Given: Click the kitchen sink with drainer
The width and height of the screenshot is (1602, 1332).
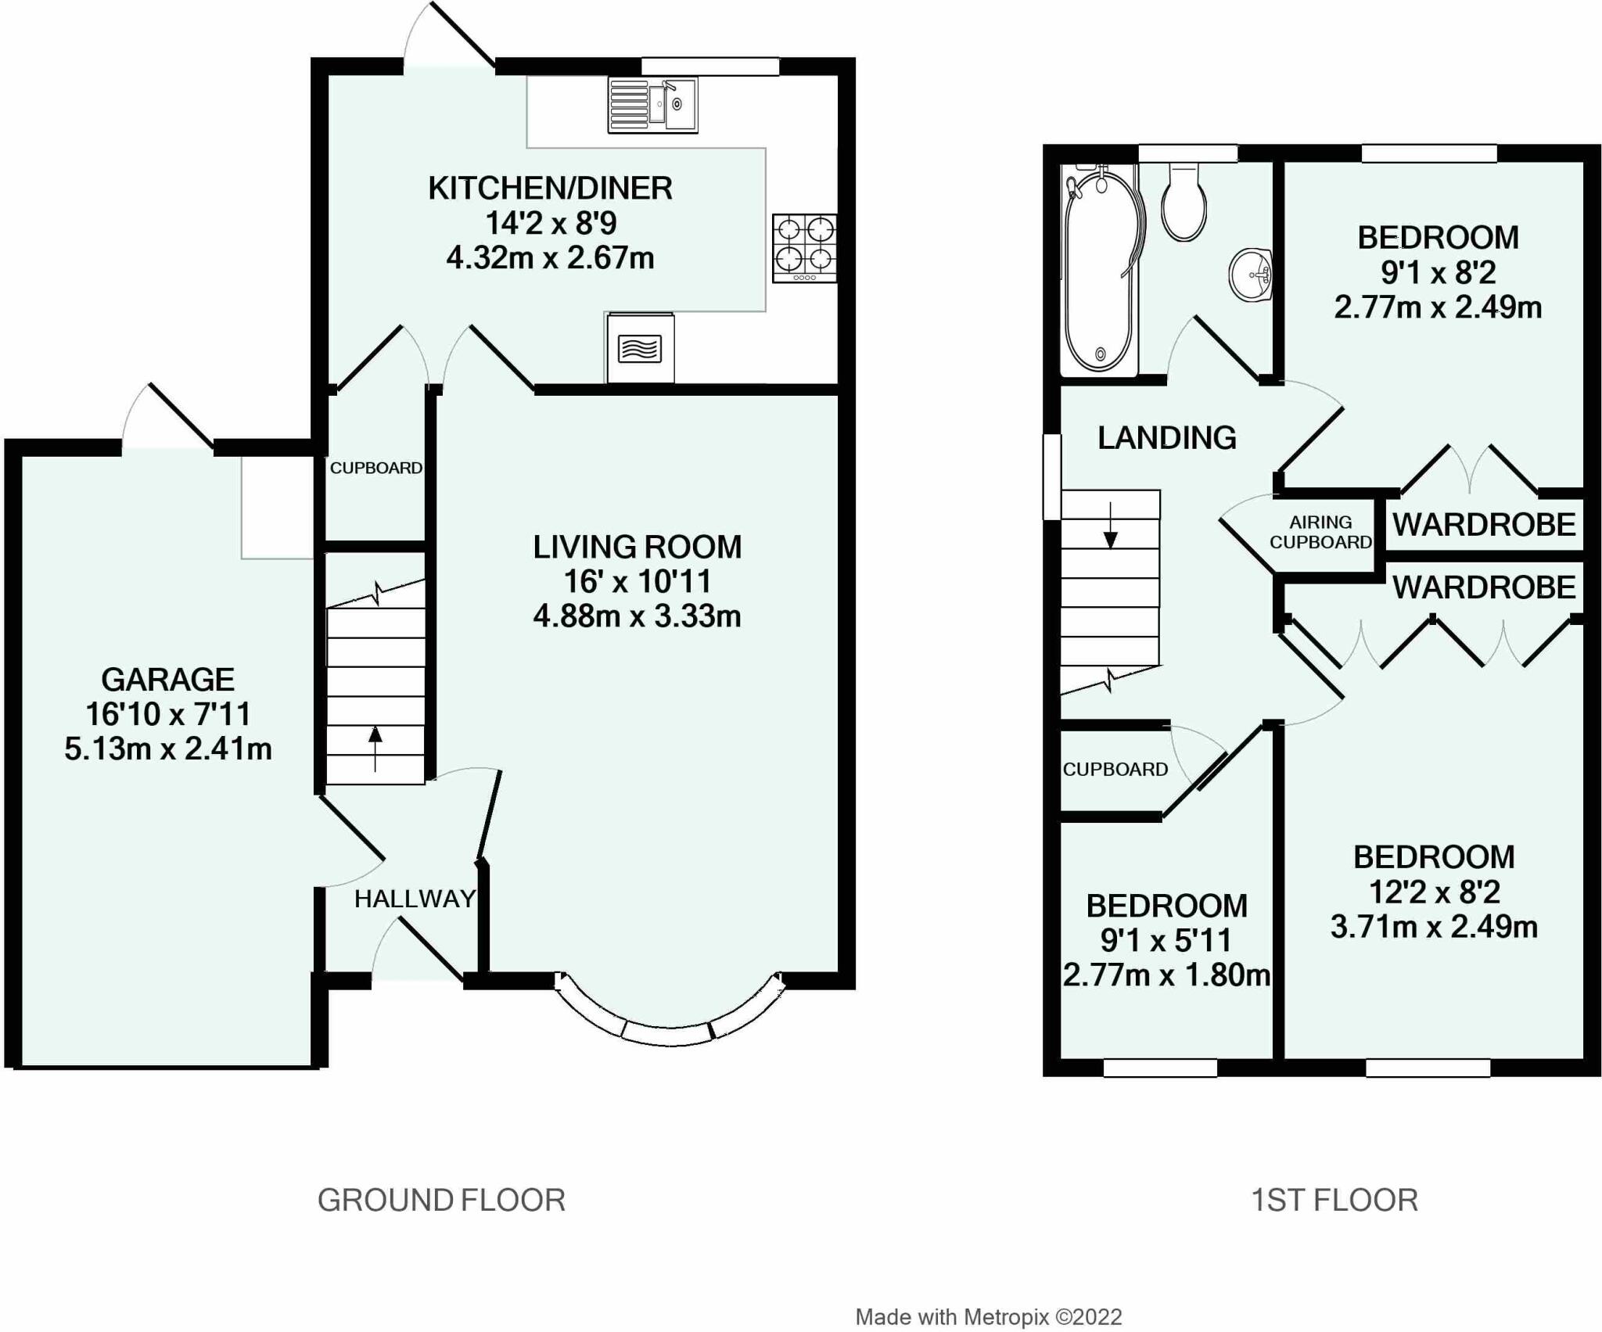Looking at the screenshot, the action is [x=652, y=105].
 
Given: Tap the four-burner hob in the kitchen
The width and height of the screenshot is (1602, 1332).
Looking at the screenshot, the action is [x=804, y=248].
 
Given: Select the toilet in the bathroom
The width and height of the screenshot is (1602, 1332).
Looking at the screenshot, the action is [x=1184, y=200].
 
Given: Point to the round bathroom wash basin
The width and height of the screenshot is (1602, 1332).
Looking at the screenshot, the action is [x=1250, y=275].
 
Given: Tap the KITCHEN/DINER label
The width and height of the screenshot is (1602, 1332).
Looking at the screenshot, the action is [x=551, y=188].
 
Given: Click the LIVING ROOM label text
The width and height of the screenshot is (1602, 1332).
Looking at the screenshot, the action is [x=638, y=547].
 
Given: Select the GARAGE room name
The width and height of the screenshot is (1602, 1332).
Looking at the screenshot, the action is [x=168, y=679].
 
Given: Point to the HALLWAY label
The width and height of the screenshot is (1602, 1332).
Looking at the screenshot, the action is [x=415, y=899].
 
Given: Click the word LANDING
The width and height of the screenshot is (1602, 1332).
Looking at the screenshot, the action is [x=1167, y=438].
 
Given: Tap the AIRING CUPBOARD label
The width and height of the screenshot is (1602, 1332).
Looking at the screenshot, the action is [x=1320, y=532].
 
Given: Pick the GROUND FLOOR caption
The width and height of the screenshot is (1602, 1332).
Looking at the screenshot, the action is [x=441, y=1200].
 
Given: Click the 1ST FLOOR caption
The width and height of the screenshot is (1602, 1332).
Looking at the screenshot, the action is [x=1334, y=1200].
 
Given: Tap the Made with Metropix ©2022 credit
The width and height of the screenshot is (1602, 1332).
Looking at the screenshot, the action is [x=989, y=1318].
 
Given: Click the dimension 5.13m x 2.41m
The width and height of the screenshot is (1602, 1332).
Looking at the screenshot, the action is [x=168, y=749].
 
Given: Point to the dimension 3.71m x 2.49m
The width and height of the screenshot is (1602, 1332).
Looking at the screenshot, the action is [x=1434, y=927].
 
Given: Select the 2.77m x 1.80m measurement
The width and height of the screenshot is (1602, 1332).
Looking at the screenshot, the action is [x=1166, y=975].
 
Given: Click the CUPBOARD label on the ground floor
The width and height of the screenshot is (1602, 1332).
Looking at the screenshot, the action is [x=376, y=468].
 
